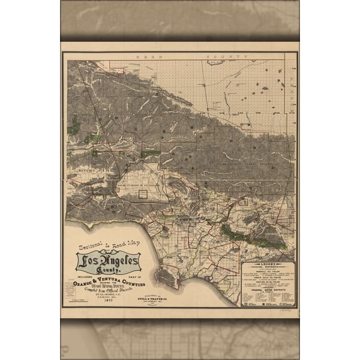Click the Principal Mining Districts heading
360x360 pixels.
click(x=269, y=297)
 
